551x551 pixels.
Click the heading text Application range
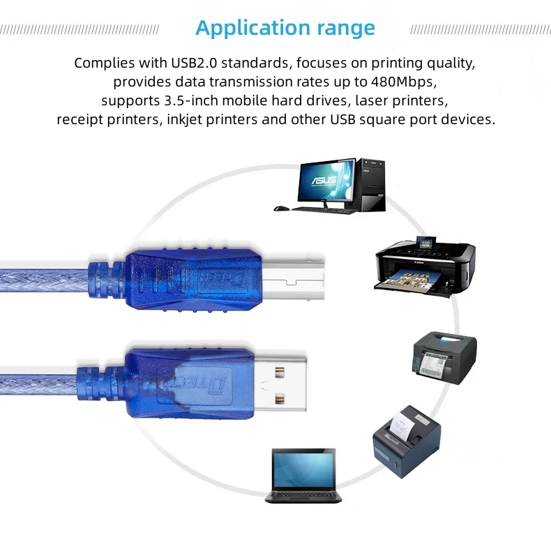pos(285,28)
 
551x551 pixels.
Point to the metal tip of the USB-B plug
pos(294,280)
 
